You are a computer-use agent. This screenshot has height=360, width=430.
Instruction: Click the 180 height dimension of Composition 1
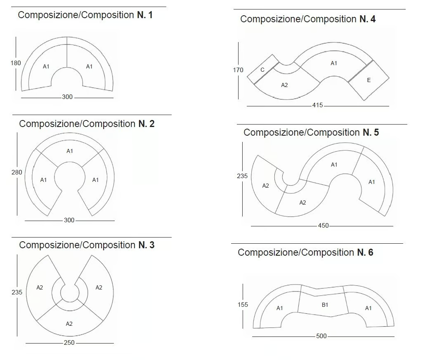[x=16, y=63]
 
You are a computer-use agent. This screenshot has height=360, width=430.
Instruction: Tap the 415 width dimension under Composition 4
[x=318, y=105]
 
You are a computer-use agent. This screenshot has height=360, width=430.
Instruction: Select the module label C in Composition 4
[x=262, y=70]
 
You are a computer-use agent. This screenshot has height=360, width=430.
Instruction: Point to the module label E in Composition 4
[x=369, y=80]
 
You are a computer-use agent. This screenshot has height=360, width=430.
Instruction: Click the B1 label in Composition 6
[x=325, y=305]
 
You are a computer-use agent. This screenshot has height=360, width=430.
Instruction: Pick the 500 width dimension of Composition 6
[x=321, y=336]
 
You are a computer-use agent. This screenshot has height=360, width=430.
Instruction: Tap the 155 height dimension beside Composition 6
[x=243, y=305]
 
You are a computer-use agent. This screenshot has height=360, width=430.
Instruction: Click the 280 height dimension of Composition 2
[x=17, y=172]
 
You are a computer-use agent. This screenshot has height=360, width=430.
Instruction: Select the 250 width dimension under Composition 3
[x=69, y=343]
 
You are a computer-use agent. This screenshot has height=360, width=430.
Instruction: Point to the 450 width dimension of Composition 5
[x=323, y=226]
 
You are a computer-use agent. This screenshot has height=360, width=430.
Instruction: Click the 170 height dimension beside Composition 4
[x=238, y=70]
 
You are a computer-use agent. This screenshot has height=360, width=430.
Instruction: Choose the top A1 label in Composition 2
[x=70, y=151]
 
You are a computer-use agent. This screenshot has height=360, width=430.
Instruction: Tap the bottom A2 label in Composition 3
[x=69, y=324]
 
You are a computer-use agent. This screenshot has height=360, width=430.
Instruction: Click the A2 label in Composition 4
[x=284, y=85]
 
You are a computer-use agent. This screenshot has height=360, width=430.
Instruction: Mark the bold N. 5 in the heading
[x=371, y=133]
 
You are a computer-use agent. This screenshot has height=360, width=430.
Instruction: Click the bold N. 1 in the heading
[x=145, y=15]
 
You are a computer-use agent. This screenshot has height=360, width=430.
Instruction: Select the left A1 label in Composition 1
[x=46, y=66]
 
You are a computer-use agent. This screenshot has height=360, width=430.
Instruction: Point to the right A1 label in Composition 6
[x=368, y=308]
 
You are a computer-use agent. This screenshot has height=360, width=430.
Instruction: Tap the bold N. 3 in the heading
[x=146, y=245]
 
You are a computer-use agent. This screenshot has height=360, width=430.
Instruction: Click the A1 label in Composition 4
[x=334, y=63]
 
